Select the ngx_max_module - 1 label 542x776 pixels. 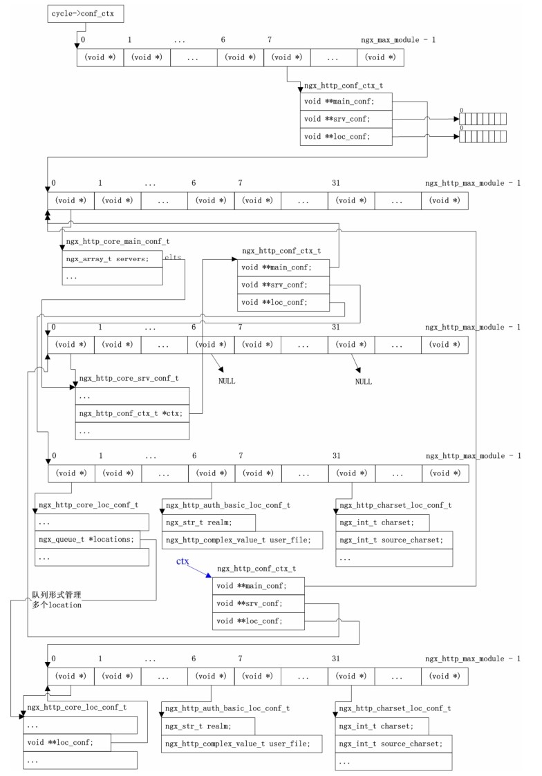[x=398, y=40]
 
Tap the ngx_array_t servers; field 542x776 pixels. [x=97, y=258]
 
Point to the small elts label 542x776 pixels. [x=172, y=256]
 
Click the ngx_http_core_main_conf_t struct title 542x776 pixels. [x=117, y=241]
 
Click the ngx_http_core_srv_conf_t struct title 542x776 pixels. [x=129, y=379]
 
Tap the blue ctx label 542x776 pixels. [x=183, y=562]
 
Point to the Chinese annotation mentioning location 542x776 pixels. [x=57, y=599]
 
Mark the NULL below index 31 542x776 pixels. [x=363, y=381]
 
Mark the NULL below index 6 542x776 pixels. [x=227, y=381]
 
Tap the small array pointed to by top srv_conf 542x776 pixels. [x=483, y=119]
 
